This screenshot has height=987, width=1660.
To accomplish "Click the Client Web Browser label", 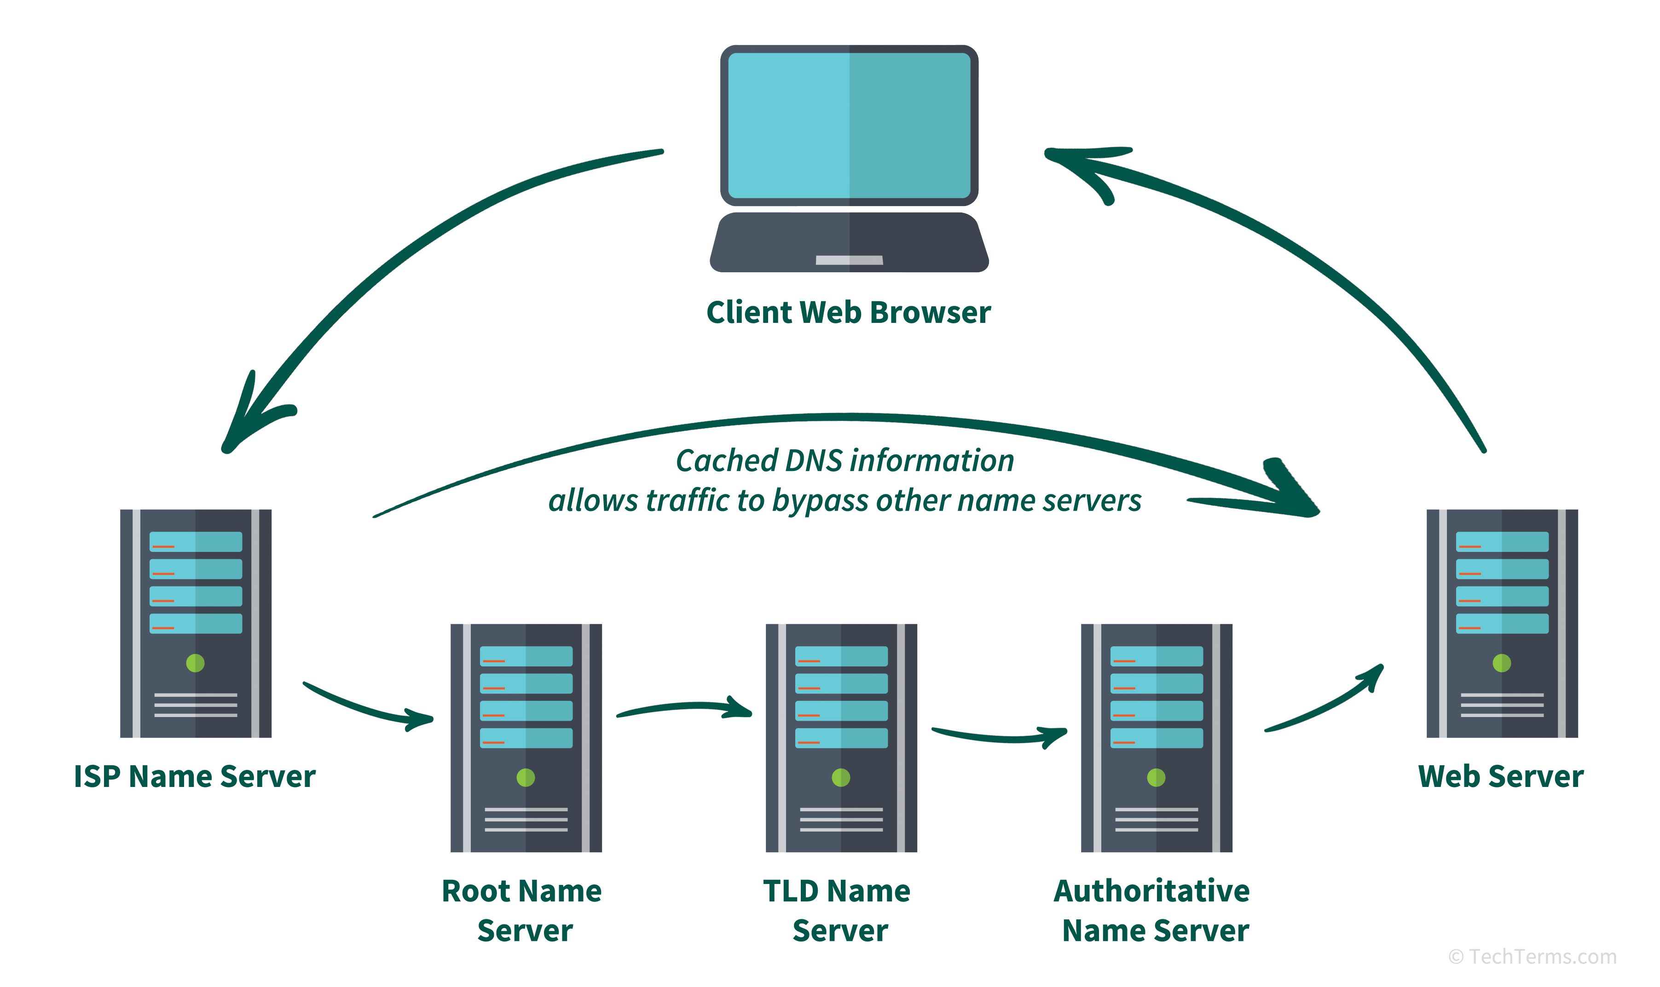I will [x=848, y=313].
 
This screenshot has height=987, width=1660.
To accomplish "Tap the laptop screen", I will [x=849, y=126].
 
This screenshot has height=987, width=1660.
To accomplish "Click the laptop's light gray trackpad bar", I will [x=849, y=260].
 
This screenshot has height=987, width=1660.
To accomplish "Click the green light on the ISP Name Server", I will [x=195, y=663].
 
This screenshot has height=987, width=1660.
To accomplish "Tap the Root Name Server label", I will [x=523, y=910].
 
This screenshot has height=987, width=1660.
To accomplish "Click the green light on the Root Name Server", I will [x=526, y=777].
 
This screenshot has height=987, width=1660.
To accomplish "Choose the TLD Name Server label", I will [x=838, y=910].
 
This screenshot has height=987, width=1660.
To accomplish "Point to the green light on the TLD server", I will [x=841, y=777].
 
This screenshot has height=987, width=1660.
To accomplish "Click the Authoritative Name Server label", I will [x=1153, y=910].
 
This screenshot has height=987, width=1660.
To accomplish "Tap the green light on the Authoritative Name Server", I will [x=1157, y=777].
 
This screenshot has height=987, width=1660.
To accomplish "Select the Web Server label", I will [x=1501, y=776].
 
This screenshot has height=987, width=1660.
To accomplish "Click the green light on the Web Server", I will [x=1502, y=663].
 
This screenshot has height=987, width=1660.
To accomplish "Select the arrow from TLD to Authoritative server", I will [x=998, y=737].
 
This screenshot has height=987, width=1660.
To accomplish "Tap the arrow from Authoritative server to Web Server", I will [x=1324, y=705].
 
